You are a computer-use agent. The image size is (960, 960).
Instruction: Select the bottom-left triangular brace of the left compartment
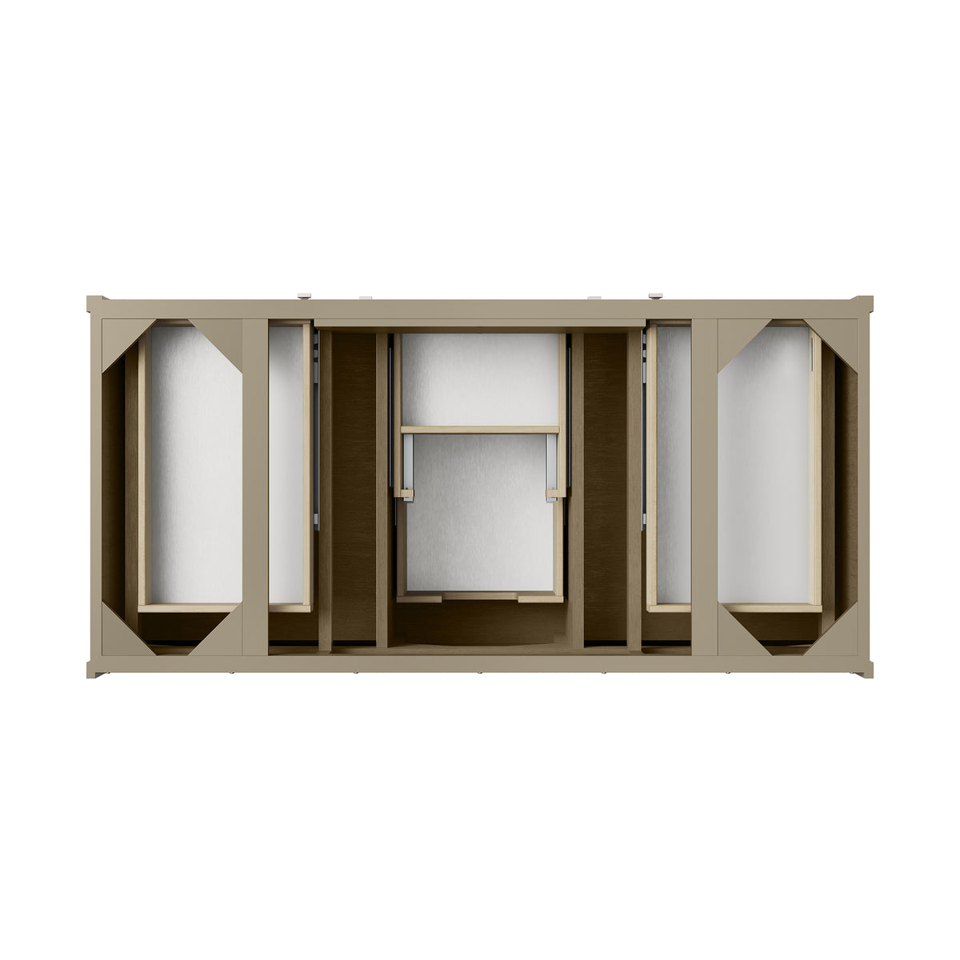[x=120, y=637]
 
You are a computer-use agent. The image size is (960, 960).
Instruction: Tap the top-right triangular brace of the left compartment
[x=224, y=336]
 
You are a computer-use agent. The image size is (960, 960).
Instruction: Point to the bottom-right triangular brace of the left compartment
[x=224, y=638]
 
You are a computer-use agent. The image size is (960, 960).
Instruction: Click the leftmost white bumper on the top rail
[x=305, y=297]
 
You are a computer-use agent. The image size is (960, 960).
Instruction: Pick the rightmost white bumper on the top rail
[x=656, y=297]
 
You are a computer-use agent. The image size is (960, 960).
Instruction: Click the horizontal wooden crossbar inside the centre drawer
[x=480, y=430]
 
